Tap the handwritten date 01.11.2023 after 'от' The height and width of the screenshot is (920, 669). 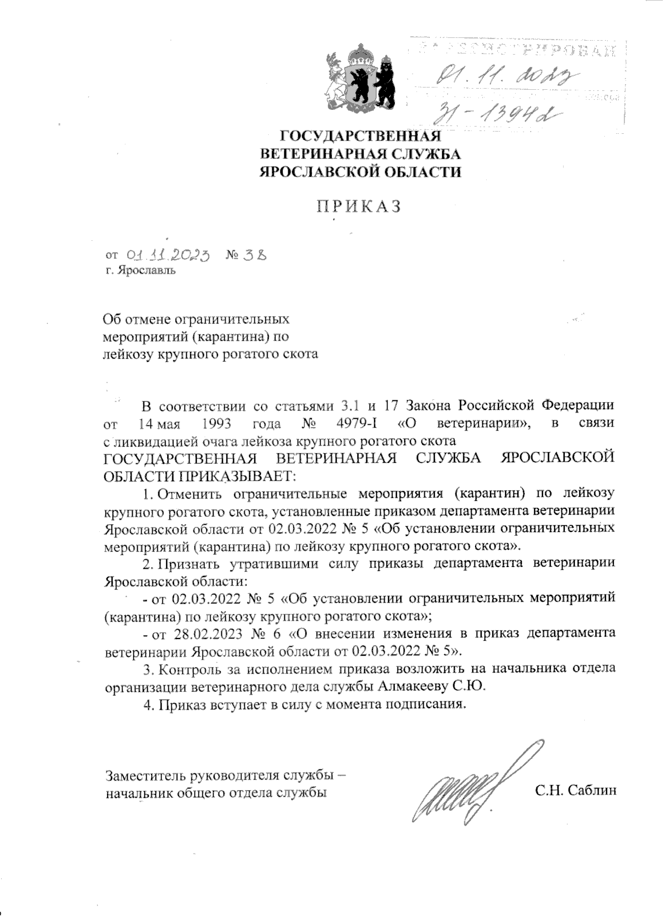point(168,255)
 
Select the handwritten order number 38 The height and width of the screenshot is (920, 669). point(254,255)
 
